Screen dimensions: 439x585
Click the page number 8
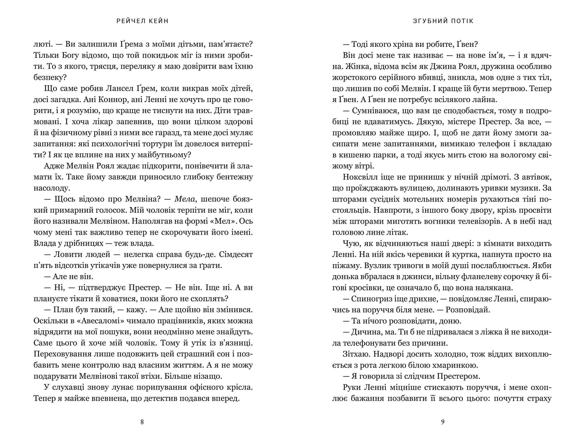tap(142, 422)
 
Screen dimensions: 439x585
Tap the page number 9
tap(443, 422)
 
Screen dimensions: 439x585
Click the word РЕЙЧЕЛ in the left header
tap(129, 21)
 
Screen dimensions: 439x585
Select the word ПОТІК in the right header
tap(462, 21)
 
